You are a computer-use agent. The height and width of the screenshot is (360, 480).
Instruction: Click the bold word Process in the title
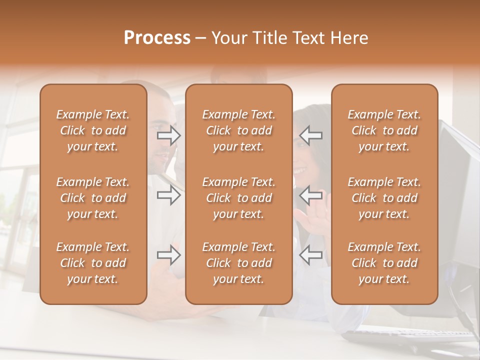157,38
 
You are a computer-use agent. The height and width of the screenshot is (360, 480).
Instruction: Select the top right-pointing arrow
168,135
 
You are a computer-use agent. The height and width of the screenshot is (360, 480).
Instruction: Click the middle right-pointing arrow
168,195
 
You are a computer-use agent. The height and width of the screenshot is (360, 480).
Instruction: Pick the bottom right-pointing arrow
168,255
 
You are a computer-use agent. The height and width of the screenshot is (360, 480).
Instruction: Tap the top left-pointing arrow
311,135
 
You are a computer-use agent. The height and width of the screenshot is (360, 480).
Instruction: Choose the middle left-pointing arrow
311,195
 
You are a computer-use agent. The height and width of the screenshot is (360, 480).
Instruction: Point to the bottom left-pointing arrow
311,255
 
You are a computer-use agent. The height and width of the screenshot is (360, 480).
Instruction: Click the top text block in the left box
93,130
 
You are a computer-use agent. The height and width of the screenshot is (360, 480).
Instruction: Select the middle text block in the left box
93,198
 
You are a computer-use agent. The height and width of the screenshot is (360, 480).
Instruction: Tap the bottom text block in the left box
93,263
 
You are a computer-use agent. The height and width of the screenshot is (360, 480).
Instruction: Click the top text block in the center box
238,130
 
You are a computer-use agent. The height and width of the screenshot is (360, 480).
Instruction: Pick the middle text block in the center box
238,198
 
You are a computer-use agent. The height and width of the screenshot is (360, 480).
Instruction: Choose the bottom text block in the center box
238,263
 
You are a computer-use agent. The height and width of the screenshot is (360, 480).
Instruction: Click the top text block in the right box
384,130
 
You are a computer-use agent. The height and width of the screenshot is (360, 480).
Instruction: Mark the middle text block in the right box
384,198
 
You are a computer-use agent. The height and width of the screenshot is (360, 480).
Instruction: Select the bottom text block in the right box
384,263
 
